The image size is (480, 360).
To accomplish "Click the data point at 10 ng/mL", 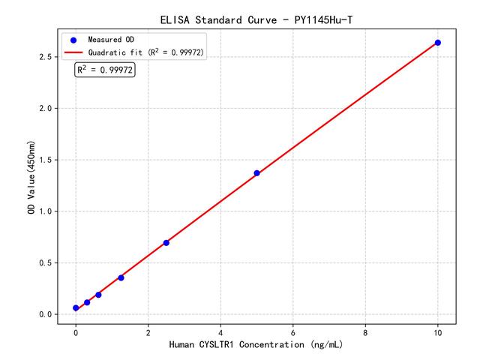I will point(438,43).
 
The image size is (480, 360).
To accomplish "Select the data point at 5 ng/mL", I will point(256,173).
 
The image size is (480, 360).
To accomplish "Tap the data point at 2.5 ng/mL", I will point(166,242).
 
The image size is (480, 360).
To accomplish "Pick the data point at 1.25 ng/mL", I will point(121,277).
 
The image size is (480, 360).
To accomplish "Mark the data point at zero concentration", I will point(76,308).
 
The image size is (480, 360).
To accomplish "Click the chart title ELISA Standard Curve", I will point(256,19).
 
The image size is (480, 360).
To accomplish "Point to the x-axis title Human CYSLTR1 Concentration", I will point(256,345).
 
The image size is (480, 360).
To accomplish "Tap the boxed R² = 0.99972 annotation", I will point(105,70).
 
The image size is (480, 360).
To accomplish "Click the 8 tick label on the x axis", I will point(365,331).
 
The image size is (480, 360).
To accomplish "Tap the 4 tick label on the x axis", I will point(220,331).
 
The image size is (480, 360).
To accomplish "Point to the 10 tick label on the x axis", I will point(438,331).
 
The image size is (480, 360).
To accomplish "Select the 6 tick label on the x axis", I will point(293,331).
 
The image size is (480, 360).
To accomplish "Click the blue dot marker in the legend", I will point(73,40).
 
